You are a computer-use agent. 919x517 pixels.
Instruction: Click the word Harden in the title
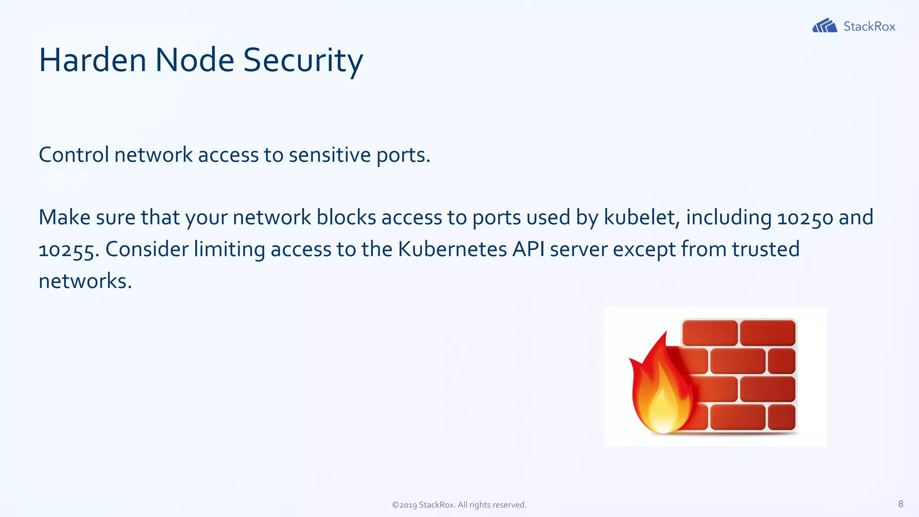92,60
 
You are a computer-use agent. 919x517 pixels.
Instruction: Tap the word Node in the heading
194,60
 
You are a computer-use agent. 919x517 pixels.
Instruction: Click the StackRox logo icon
824,26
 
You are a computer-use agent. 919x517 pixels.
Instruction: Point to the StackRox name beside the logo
869,26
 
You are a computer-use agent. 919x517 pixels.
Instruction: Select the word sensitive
330,155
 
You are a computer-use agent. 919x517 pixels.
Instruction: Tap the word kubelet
639,217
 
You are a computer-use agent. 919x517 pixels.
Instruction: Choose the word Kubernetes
452,249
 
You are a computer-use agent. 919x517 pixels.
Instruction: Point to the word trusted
766,249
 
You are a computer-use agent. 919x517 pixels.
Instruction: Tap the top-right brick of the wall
767,333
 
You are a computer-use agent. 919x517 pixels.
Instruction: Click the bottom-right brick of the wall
782,417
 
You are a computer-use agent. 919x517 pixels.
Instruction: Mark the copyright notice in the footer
459,505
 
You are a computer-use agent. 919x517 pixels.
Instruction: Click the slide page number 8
901,504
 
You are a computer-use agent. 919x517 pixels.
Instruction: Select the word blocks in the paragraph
346,217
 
